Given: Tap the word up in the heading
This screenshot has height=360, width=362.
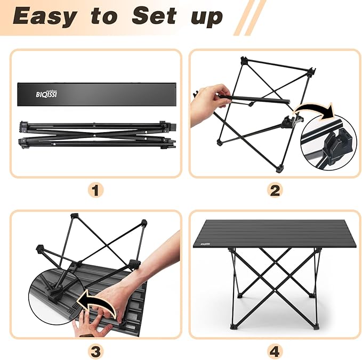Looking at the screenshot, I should click(x=206, y=18).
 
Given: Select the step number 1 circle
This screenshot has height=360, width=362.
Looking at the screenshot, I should click(x=96, y=191).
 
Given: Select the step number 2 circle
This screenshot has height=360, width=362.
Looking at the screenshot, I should click(x=275, y=191).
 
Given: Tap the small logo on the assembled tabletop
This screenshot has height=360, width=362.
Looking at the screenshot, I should click(x=206, y=244).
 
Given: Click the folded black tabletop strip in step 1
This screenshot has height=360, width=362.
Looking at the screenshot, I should click(x=96, y=94).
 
